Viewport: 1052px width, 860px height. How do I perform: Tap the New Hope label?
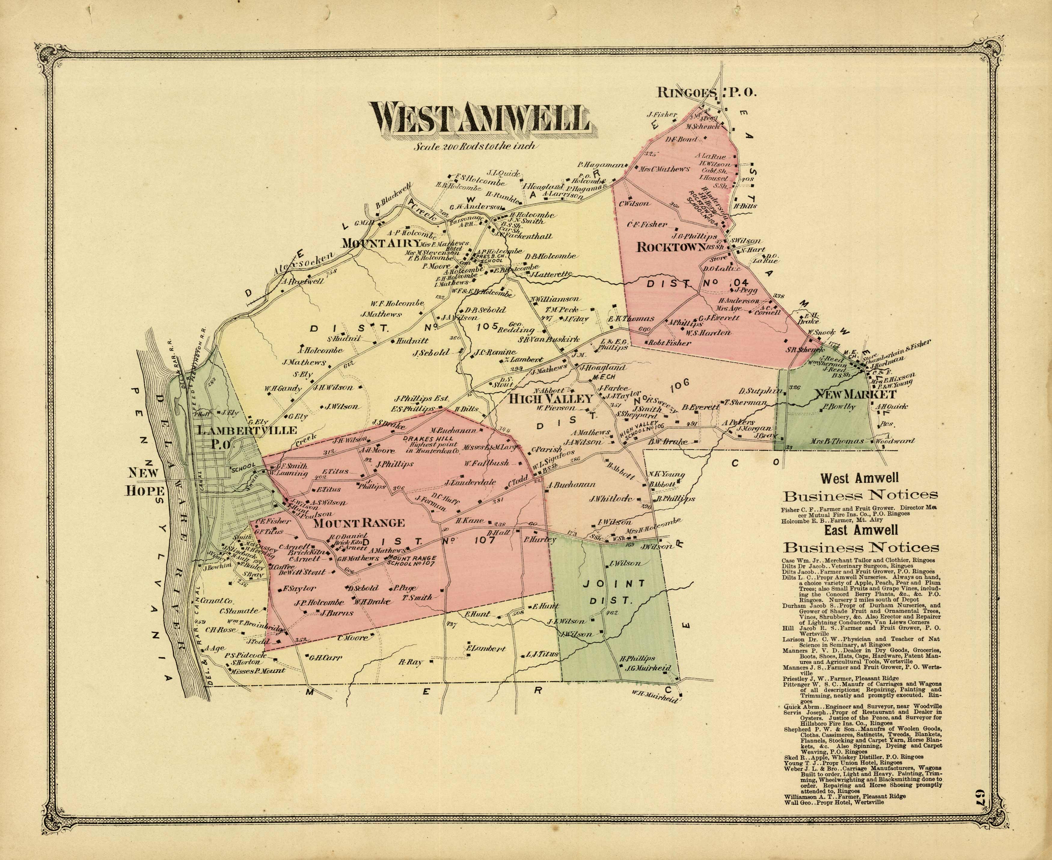click(144, 481)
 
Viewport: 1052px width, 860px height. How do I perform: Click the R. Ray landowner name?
click(409, 662)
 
